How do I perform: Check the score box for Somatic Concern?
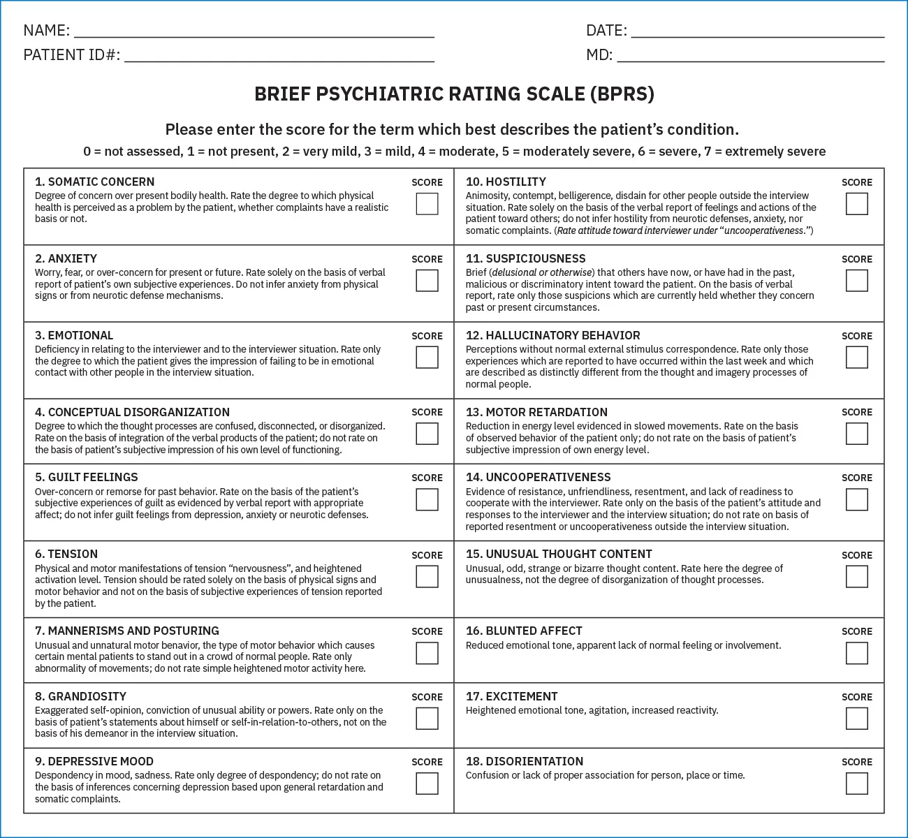(x=427, y=204)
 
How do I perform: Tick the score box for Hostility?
(x=856, y=204)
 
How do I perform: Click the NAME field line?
(x=254, y=31)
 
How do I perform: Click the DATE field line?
(x=757, y=31)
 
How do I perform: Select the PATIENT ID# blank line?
(x=279, y=57)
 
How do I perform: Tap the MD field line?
(x=750, y=57)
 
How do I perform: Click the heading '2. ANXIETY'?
(x=66, y=258)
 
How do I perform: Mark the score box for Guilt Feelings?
(x=427, y=500)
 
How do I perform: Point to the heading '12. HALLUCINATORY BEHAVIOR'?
(x=552, y=335)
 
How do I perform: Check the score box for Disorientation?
(x=856, y=784)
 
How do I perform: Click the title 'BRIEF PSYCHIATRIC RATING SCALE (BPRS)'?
(x=454, y=94)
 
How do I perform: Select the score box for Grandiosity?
(x=427, y=719)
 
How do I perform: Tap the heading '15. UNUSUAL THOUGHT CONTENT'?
(x=559, y=554)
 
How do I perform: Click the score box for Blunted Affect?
(x=856, y=654)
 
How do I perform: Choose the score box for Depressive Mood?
(x=427, y=784)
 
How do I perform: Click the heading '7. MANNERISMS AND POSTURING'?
(x=126, y=631)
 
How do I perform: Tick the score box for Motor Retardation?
(x=856, y=434)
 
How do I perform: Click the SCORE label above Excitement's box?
(x=857, y=697)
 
